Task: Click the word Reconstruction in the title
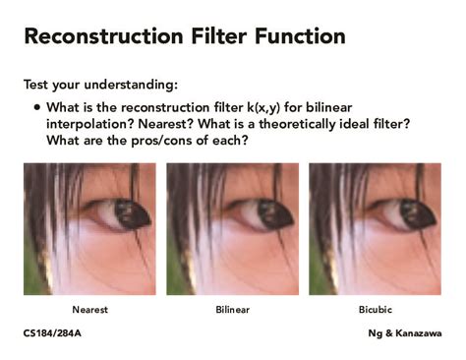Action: click(x=103, y=35)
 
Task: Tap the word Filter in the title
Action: click(x=218, y=35)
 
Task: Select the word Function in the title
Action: click(x=300, y=35)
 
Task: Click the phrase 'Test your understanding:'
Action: click(x=100, y=85)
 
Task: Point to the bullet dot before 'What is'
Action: click(x=37, y=107)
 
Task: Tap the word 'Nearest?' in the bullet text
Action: click(x=166, y=124)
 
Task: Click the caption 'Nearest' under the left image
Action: click(x=89, y=310)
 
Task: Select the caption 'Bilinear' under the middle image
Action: click(x=233, y=310)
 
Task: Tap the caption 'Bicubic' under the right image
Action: click(x=376, y=310)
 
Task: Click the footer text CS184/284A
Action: click(x=52, y=333)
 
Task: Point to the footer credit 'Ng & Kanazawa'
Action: click(x=405, y=333)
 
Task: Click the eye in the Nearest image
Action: click(x=124, y=213)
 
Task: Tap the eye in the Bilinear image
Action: click(x=266, y=213)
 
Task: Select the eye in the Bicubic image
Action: click(x=409, y=213)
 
